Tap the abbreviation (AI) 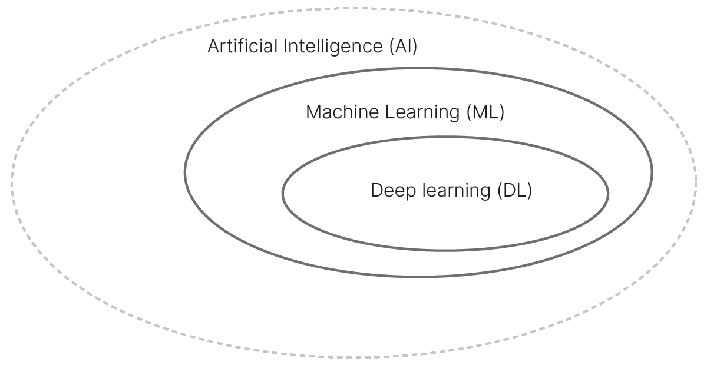[403, 47]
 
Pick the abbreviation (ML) [485, 112]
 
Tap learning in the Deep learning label [457, 191]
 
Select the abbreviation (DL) [514, 191]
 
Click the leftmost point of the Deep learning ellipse [283, 193]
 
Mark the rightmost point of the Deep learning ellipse [608, 193]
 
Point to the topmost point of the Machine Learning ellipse [418, 68]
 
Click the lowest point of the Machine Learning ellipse [418, 276]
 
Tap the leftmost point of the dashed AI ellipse [11, 182]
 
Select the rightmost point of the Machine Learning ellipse [652, 172]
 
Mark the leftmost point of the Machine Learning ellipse [185, 172]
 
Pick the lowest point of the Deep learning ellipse [445, 250]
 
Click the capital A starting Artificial [214, 47]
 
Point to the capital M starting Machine [313, 112]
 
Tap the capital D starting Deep [377, 191]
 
